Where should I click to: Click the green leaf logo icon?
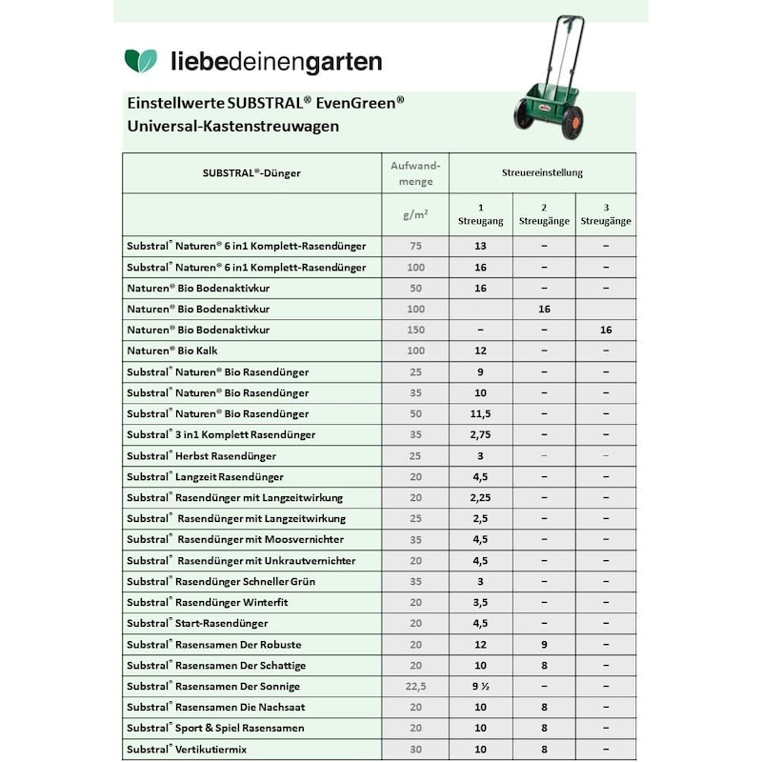140,61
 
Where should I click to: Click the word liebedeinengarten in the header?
276,63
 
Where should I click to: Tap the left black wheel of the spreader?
523,115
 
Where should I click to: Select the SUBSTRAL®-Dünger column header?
251,173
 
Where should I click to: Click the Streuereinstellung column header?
542,173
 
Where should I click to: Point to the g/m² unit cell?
414,215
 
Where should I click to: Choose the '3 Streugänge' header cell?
606,215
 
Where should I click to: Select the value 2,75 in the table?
480,435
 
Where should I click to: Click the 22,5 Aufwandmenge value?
414,687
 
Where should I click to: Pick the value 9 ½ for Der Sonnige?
480,687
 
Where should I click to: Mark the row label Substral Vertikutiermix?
187,750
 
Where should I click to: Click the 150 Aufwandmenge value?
414,331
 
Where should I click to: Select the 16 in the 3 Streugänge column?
606,331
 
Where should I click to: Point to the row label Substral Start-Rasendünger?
197,624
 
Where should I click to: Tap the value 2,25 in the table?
480,498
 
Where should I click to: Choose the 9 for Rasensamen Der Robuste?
544,645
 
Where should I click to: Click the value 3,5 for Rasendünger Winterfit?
480,603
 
